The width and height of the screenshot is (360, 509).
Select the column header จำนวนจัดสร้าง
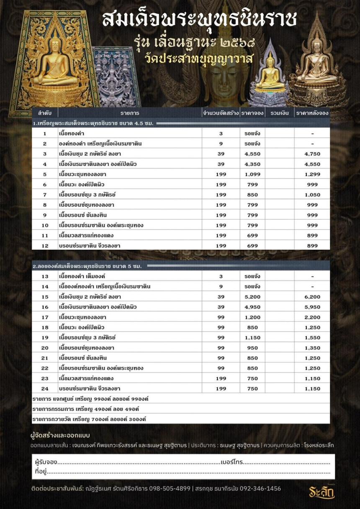pyautogui.click(x=221, y=113)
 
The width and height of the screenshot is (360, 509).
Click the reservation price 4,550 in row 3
pyautogui.click(x=252, y=154)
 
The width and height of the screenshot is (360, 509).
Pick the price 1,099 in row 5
pyautogui.click(x=252, y=174)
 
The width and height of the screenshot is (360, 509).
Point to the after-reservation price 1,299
pyautogui.click(x=312, y=174)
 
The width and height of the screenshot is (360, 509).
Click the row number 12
pyautogui.click(x=45, y=246)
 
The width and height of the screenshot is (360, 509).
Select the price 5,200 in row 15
pyautogui.click(x=252, y=297)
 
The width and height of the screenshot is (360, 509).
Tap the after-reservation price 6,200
pyautogui.click(x=312, y=297)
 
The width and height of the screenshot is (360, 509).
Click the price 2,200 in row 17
pyautogui.click(x=312, y=317)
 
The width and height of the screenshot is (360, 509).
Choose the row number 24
pyautogui.click(x=45, y=389)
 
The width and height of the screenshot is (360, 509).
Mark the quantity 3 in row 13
pyautogui.click(x=221, y=276)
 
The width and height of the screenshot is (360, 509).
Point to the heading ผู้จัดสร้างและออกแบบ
pyautogui.click(x=60, y=435)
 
